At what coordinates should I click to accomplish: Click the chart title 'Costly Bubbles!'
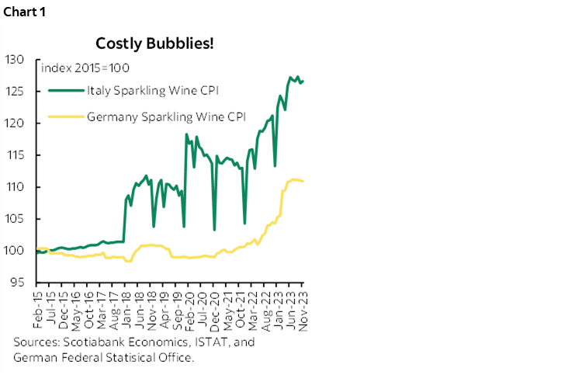(x=154, y=42)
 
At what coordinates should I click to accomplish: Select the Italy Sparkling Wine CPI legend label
(x=153, y=91)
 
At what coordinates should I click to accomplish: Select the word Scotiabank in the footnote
(x=87, y=342)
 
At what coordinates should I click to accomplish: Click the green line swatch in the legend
(x=66, y=91)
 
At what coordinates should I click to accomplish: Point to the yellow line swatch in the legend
(x=66, y=118)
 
